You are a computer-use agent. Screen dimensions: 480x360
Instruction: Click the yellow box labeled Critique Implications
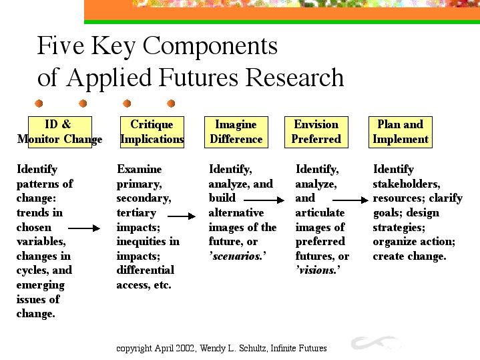point(152,132)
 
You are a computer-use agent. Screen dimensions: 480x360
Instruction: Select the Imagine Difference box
point(236,132)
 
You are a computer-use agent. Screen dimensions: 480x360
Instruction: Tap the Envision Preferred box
point(316,132)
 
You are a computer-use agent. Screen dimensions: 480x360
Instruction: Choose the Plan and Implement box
point(401,132)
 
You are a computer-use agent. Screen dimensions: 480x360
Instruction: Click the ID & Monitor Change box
point(60,132)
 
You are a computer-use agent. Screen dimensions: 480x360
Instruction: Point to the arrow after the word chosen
point(84,228)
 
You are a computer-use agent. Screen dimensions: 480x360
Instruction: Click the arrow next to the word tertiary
point(182,216)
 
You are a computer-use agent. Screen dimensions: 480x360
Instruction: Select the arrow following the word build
point(264,200)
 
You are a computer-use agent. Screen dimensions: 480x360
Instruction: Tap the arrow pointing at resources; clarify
point(350,200)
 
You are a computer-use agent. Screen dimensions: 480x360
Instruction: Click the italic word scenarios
point(238,256)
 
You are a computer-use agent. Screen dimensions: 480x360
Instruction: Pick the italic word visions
point(318,271)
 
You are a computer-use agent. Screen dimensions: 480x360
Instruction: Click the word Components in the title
point(210,45)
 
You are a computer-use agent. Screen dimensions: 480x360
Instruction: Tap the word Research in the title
point(294,77)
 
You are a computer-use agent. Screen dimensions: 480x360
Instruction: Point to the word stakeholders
point(407,184)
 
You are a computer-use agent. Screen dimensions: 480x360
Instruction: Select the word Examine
point(140,169)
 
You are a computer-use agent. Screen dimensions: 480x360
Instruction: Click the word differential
point(146,270)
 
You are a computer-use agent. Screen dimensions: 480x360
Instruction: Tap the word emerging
point(41,285)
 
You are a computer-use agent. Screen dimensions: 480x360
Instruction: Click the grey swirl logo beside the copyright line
point(377,342)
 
